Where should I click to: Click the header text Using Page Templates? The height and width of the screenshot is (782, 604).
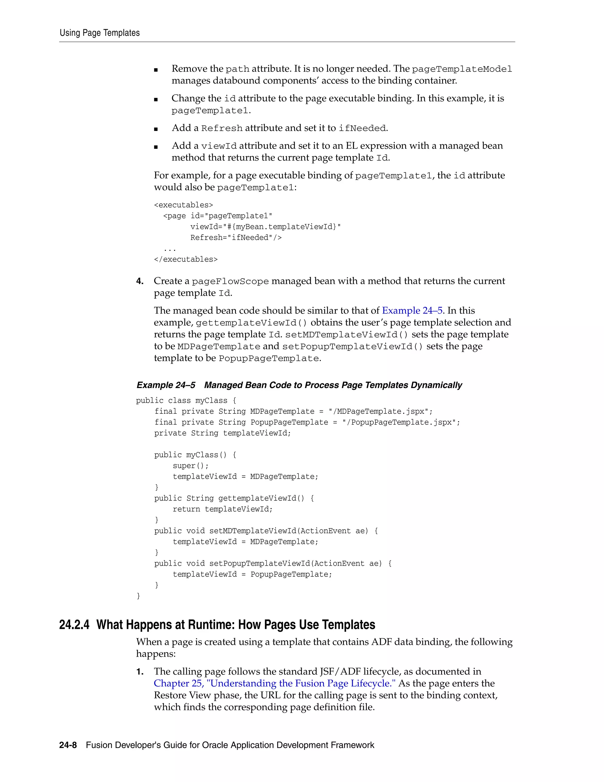99,33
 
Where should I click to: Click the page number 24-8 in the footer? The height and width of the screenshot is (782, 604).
68,745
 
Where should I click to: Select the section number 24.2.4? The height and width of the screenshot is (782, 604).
74,625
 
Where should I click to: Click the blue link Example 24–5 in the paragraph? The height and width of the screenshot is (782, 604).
412,310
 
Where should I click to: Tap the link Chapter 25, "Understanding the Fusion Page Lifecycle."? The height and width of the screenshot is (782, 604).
275,683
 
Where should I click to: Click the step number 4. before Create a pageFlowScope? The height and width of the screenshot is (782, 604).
140,281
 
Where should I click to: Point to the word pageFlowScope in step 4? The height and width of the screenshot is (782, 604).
230,282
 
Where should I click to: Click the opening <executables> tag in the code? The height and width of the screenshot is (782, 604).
183,205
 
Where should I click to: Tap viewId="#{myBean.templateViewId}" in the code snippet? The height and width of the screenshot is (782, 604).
265,227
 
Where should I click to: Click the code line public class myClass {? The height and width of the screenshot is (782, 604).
186,400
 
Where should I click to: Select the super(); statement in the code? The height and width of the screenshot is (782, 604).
190,465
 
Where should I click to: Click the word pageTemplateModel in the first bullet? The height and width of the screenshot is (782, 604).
462,69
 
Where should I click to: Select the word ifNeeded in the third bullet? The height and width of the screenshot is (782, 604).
362,128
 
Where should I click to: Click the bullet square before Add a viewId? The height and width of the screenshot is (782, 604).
156,147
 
